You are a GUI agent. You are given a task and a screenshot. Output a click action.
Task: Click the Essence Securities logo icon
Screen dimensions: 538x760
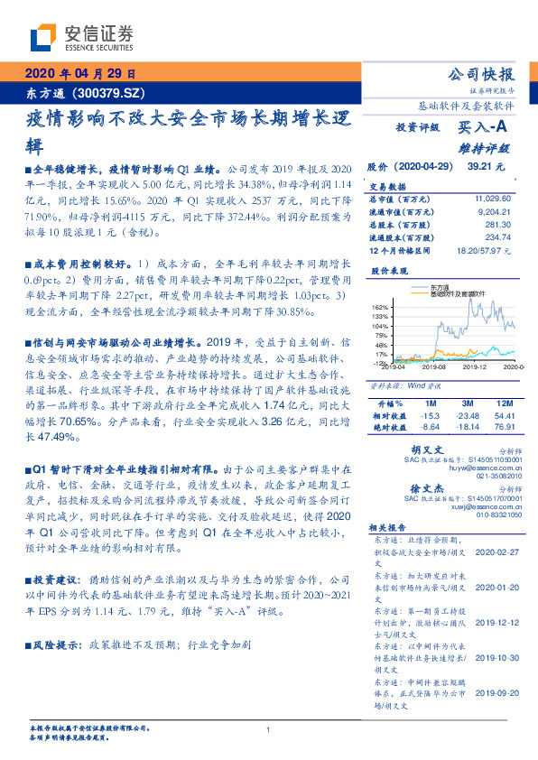[x=46, y=40]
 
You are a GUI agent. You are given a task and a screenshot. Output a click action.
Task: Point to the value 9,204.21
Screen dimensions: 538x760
[x=495, y=210]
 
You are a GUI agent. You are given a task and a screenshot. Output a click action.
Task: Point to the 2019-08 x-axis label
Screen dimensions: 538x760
[x=434, y=367]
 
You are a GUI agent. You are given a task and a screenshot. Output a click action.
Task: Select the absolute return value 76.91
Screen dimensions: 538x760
[x=505, y=425]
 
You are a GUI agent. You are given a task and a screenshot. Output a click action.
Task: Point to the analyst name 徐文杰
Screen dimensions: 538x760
[x=427, y=487]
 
